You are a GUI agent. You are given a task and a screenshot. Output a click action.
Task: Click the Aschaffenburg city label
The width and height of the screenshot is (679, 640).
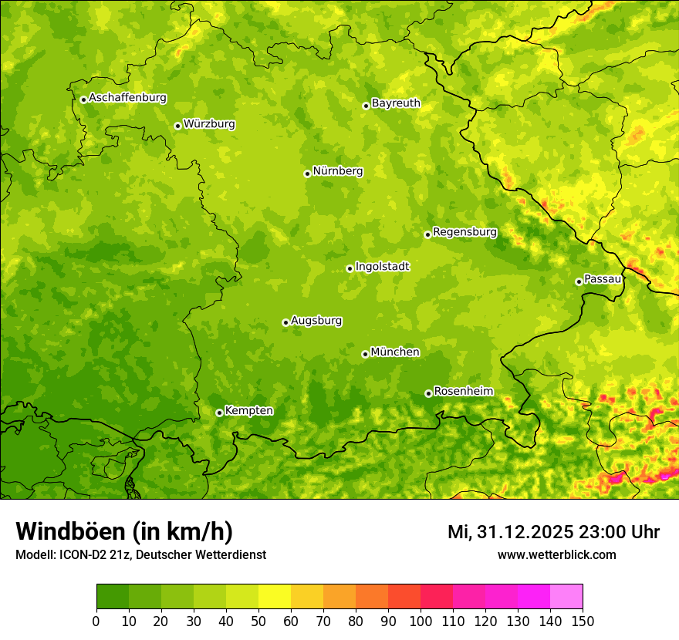[x=127, y=98]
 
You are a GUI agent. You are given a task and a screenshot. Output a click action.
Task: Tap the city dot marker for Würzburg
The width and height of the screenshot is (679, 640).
[x=177, y=126]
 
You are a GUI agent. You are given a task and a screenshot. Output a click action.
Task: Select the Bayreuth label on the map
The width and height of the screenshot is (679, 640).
[x=396, y=103]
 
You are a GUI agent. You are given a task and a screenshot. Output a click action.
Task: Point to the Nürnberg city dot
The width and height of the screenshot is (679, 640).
[x=307, y=173]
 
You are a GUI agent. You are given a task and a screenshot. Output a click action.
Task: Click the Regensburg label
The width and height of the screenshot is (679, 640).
[x=464, y=232]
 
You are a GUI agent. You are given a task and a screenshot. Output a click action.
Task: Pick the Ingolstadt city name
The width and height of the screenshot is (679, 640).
[x=382, y=267]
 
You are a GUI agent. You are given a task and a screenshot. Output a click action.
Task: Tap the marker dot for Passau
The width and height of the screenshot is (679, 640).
[x=579, y=281]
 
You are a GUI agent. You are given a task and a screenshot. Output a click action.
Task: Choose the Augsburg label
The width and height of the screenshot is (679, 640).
[x=316, y=321]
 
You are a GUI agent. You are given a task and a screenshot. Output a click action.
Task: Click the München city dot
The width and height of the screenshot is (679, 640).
[x=365, y=354]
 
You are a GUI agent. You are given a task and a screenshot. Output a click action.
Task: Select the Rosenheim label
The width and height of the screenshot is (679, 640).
[x=463, y=392]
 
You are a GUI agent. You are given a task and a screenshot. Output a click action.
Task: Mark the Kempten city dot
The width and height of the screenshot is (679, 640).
[x=219, y=413]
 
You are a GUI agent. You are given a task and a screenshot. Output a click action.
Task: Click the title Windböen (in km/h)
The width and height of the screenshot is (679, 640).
[x=124, y=532]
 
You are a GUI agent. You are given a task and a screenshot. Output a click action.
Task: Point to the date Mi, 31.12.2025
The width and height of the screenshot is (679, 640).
[x=510, y=532]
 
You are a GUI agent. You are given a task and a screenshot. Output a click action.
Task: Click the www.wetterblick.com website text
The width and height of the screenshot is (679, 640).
[x=556, y=554]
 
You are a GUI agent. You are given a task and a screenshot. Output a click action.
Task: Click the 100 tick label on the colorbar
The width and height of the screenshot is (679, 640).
[x=421, y=621]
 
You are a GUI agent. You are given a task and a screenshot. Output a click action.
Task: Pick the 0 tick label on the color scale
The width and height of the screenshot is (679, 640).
[x=96, y=621]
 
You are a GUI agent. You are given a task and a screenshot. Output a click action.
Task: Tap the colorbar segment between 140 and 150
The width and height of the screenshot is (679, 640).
[x=566, y=597]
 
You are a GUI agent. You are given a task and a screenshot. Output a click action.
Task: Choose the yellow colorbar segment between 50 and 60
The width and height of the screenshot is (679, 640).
[x=275, y=597]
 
